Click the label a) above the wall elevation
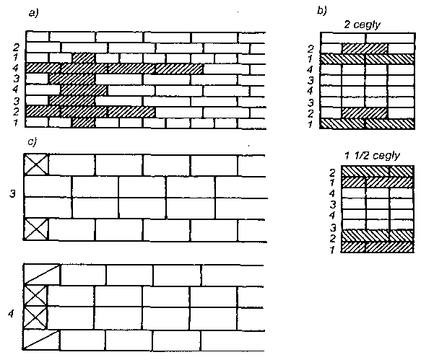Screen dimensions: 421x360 click(x=34, y=12)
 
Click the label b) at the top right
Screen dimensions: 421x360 click(x=322, y=10)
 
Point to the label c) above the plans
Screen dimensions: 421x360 click(x=32, y=141)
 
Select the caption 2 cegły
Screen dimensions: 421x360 click(x=363, y=25)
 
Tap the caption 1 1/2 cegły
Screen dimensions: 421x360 click(x=373, y=156)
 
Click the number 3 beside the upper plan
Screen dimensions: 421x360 click(x=12, y=193)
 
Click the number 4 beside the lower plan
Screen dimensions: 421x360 click(x=11, y=313)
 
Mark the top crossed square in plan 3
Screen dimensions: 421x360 click(x=36, y=164)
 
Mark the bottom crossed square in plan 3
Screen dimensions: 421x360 click(x=36, y=229)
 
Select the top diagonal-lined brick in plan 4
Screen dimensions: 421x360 click(x=42, y=274)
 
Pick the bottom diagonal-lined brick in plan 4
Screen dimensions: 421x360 click(x=41, y=340)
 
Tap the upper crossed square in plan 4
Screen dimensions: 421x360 click(x=35, y=297)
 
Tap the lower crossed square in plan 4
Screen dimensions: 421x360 click(x=35, y=318)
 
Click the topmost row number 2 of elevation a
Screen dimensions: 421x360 click(x=17, y=48)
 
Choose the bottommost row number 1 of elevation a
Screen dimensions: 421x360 click(x=16, y=123)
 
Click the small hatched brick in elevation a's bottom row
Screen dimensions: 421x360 click(x=84, y=123)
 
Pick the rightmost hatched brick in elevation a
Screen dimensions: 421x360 click(x=179, y=69)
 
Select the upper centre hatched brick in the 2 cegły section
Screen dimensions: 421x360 click(x=365, y=48)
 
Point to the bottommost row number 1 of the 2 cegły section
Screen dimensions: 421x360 click(x=311, y=125)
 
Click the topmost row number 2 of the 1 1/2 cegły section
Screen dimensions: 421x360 click(x=333, y=172)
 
